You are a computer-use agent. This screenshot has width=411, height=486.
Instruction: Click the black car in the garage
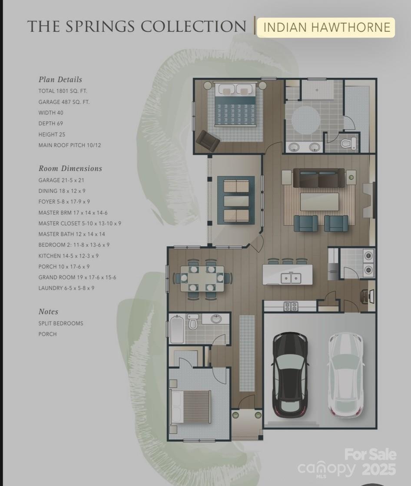tap(290, 375)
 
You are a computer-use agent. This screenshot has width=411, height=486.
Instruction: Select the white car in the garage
tap(345, 375)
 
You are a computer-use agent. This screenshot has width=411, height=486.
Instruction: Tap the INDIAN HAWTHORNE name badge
tap(326, 27)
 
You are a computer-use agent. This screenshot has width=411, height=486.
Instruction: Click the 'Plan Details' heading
tap(60, 80)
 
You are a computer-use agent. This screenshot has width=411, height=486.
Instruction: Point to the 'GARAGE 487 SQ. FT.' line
tap(64, 102)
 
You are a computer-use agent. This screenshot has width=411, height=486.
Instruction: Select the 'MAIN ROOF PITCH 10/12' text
tap(70, 145)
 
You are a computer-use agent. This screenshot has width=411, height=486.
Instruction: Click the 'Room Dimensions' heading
tap(70, 168)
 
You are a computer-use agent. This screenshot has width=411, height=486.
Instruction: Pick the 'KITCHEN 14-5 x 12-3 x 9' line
tap(68, 256)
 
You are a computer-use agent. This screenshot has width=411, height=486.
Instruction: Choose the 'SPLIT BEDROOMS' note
tap(61, 323)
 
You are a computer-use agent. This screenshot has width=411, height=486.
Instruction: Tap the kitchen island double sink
tap(291, 278)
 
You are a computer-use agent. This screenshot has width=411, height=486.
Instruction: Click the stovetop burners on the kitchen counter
tap(291, 306)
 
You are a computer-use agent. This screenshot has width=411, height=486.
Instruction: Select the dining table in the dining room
tap(202, 278)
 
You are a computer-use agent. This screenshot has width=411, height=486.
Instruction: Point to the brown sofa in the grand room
tap(319, 178)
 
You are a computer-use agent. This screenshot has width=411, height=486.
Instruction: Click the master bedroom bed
tap(235, 104)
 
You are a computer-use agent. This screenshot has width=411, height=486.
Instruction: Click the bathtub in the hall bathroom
tap(177, 329)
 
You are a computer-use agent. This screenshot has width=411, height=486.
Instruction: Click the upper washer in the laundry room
tap(368, 256)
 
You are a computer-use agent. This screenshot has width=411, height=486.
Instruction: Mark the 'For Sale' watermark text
tap(371, 455)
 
